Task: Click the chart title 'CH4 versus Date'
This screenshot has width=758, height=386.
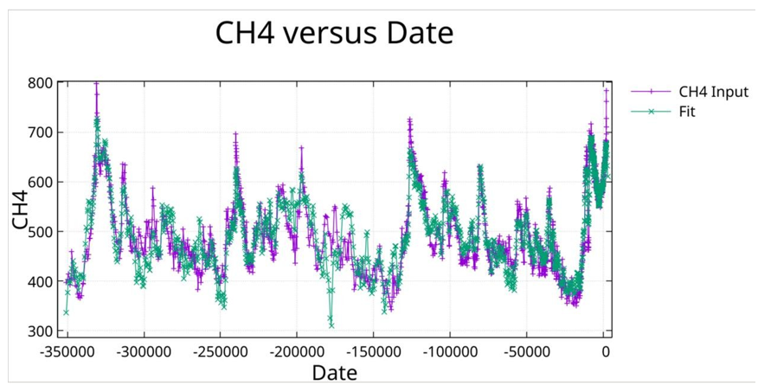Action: click(334, 34)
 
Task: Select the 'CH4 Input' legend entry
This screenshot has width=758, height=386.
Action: click(713, 92)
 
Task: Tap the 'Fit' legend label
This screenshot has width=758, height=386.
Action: click(687, 112)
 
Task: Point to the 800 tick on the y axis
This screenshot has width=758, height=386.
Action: click(43, 84)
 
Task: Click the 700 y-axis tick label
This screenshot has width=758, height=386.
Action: click(43, 132)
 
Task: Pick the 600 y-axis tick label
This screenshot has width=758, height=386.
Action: click(43, 183)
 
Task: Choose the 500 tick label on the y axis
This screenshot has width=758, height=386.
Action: click(43, 232)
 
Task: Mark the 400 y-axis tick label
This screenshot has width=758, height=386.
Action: click(43, 282)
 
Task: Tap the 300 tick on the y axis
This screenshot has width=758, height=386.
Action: click(43, 331)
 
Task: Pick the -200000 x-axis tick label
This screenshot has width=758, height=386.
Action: click(298, 352)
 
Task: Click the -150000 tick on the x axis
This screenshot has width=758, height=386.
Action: click(375, 352)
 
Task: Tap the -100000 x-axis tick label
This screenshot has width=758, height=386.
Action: click(451, 352)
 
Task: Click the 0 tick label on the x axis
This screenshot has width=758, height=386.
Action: click(606, 352)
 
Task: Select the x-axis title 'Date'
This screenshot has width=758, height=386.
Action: click(334, 373)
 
